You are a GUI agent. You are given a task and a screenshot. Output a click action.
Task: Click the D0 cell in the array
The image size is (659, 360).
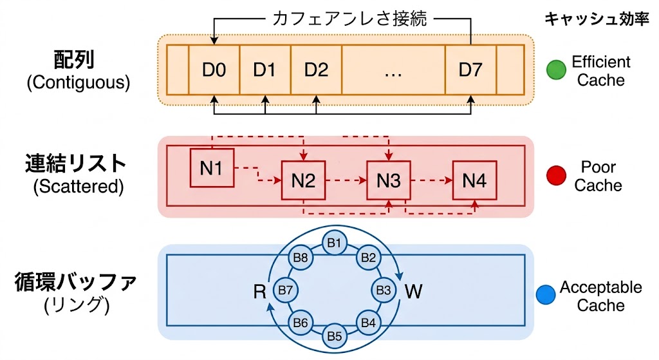[214, 70]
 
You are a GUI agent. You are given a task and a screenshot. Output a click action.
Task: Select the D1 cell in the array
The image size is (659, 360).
[265, 70]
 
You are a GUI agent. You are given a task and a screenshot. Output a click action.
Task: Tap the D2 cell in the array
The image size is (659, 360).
[316, 70]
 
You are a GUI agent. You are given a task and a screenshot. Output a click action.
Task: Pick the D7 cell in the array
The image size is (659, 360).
[470, 70]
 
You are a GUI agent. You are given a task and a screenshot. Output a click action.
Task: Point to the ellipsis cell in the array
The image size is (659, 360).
[393, 70]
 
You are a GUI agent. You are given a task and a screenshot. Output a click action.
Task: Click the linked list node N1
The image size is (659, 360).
[212, 168]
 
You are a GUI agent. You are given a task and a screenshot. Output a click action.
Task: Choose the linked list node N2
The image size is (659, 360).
[303, 181]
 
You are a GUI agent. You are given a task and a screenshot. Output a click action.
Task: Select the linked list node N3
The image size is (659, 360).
[389, 181]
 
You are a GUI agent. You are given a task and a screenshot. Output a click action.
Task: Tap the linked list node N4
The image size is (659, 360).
[474, 181]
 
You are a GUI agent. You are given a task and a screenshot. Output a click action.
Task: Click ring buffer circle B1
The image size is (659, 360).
[334, 243]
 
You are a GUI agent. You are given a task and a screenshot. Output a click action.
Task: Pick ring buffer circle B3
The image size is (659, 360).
[384, 290]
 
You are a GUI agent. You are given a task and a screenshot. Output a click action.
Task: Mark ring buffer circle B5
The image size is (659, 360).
[334, 336]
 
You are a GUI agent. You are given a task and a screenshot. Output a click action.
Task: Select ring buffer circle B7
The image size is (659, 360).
[285, 290]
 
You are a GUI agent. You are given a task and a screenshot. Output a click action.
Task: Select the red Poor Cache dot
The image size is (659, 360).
[555, 176]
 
